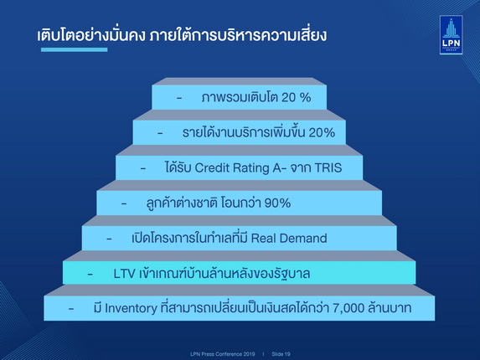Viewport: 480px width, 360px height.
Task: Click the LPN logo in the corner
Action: (x=451, y=35)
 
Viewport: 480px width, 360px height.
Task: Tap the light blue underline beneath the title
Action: (x=74, y=49)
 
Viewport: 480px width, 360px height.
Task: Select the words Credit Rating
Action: (x=232, y=168)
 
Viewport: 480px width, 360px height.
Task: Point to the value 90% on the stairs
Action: (x=277, y=203)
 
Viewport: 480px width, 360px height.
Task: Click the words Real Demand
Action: (x=289, y=239)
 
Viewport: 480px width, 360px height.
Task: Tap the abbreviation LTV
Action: (x=124, y=274)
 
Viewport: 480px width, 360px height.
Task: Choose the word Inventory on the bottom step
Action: (x=131, y=308)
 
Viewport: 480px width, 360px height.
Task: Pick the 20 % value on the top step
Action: (x=296, y=98)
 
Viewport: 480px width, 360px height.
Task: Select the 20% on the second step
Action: (x=322, y=133)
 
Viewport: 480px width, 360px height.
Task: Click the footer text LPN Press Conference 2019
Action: (x=223, y=354)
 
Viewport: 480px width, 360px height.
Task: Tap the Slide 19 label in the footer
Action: (x=281, y=354)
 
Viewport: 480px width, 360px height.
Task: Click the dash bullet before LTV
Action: (x=90, y=275)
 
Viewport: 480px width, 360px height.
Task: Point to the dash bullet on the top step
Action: (x=179, y=99)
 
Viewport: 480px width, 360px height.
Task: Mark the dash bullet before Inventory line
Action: (x=71, y=309)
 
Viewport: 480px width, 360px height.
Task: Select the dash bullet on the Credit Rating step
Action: (x=143, y=168)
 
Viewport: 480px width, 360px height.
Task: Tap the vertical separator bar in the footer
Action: (x=263, y=354)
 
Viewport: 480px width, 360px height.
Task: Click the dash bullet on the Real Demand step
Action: (x=109, y=239)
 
